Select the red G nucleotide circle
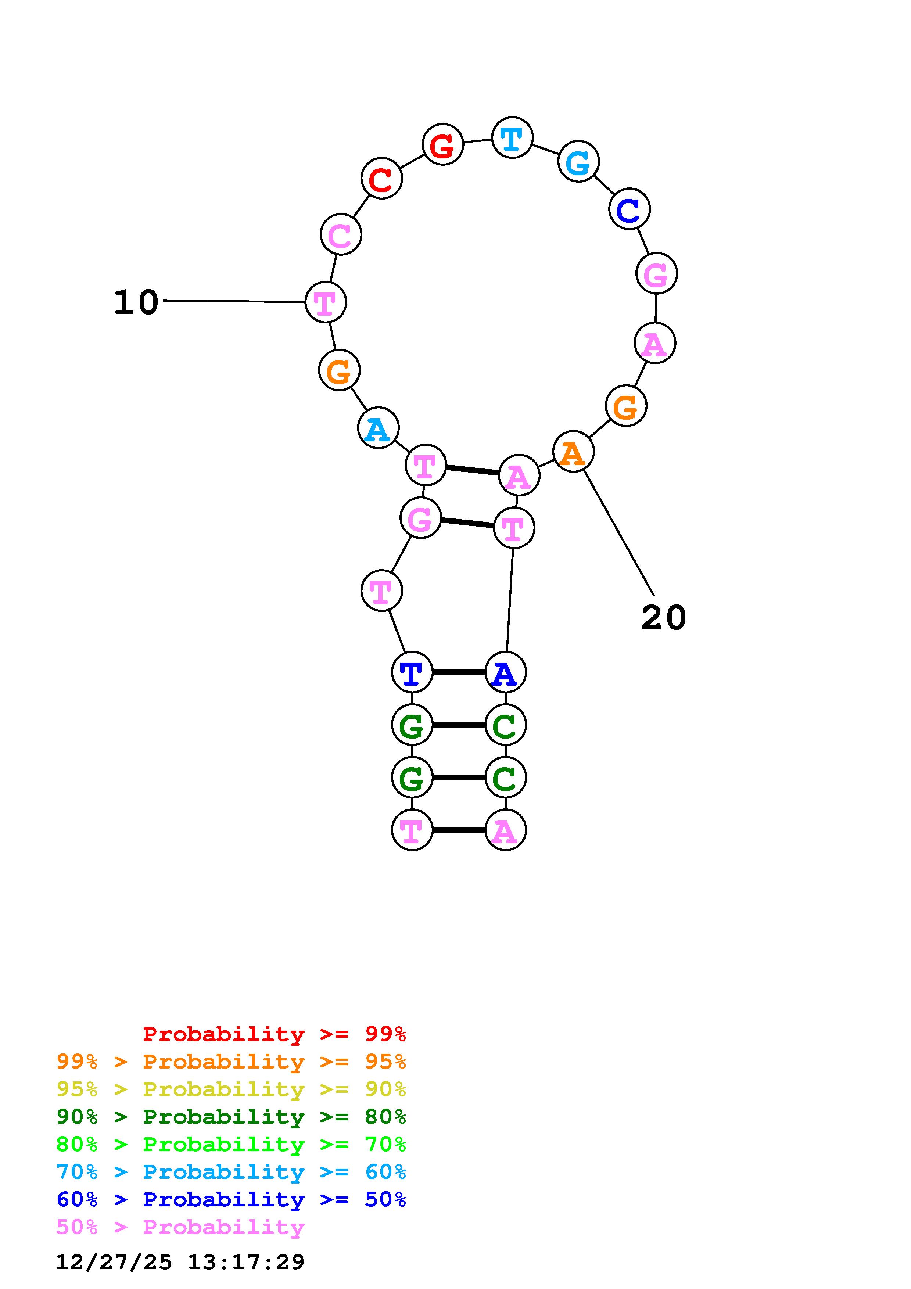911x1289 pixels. pyautogui.click(x=442, y=145)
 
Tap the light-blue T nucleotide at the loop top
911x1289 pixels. pyautogui.click(x=512, y=137)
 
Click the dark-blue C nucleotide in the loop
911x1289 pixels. pyautogui.click(x=629, y=209)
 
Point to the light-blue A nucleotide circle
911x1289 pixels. pyautogui.click(x=378, y=428)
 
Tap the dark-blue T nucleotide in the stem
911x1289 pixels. pyautogui.click(x=412, y=672)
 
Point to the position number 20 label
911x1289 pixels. pyautogui.click(x=663, y=618)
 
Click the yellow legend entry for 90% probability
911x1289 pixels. pyautogui.click(x=231, y=1089)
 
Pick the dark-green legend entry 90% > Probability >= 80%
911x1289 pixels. pyautogui.click(x=231, y=1117)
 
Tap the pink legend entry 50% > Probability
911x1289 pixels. pyautogui.click(x=180, y=1227)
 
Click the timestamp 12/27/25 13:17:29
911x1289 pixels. pyautogui.click(x=180, y=1261)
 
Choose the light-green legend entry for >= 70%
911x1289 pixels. pyautogui.click(x=231, y=1144)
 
